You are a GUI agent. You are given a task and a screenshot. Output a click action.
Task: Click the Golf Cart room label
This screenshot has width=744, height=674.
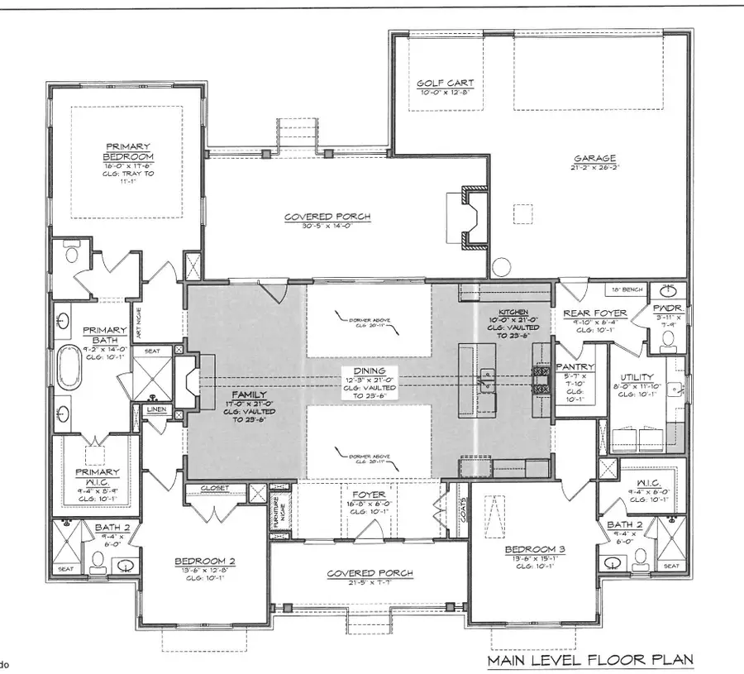(x=441, y=84)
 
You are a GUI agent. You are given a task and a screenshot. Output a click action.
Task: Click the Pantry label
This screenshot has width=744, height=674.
(x=571, y=366)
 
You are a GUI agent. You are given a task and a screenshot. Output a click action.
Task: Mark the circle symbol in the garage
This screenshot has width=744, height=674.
(x=501, y=267)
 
